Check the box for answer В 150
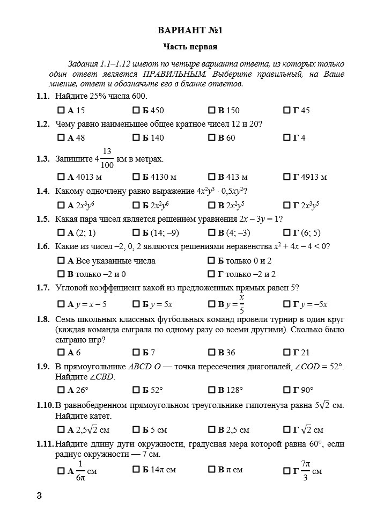tap(211, 111)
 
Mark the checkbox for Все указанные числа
tap(61, 261)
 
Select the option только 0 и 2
tap(211, 261)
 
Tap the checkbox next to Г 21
tap(286, 353)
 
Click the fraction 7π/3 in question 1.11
tap(305, 471)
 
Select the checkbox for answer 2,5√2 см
tap(61, 430)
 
